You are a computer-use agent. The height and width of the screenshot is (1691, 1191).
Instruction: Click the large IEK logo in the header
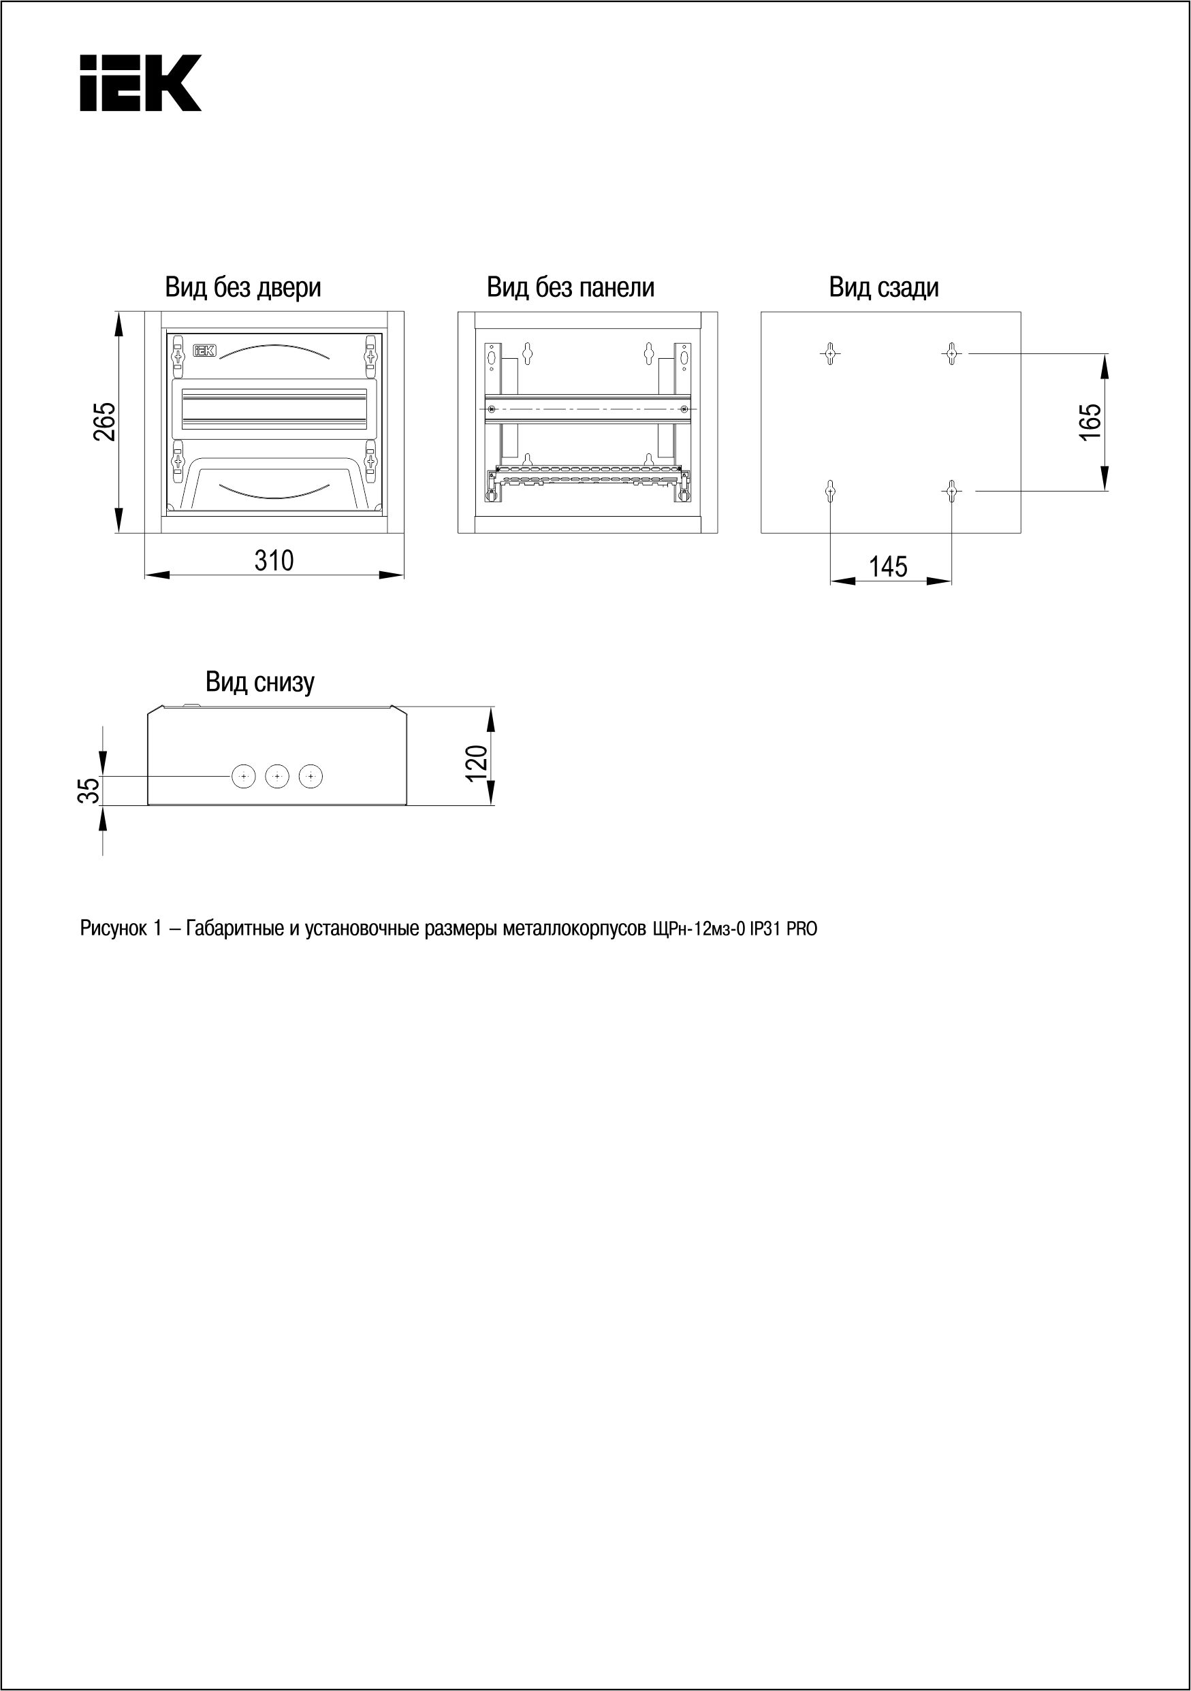[140, 82]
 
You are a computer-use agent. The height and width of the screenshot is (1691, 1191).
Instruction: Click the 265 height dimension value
[105, 421]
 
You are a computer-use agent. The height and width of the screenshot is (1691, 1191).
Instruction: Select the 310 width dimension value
[274, 561]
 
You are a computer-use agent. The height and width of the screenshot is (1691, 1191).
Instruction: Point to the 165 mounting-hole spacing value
[1090, 421]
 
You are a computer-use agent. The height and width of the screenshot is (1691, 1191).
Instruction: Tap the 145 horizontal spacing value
[888, 567]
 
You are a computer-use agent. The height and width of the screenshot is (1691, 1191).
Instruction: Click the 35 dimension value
[89, 791]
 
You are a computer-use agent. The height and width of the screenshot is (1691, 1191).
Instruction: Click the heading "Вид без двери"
[243, 287]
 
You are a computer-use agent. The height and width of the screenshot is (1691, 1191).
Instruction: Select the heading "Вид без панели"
[570, 287]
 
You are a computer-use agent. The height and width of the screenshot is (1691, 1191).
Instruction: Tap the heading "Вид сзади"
[884, 287]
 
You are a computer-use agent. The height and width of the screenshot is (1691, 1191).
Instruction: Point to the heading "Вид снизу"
[260, 682]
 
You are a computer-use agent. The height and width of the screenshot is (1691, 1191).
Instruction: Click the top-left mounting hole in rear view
[830, 353]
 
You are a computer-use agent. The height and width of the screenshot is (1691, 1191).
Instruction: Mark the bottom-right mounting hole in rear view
[951, 491]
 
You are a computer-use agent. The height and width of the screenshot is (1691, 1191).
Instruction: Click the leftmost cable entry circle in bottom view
[243, 776]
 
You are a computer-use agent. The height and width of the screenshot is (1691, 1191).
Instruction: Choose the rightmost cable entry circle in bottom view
[312, 776]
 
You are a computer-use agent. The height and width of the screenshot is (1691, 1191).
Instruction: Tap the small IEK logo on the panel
[204, 351]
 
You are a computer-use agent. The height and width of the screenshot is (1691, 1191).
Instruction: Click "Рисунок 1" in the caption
[120, 929]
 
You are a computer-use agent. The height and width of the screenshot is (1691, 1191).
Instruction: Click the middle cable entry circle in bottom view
[277, 776]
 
